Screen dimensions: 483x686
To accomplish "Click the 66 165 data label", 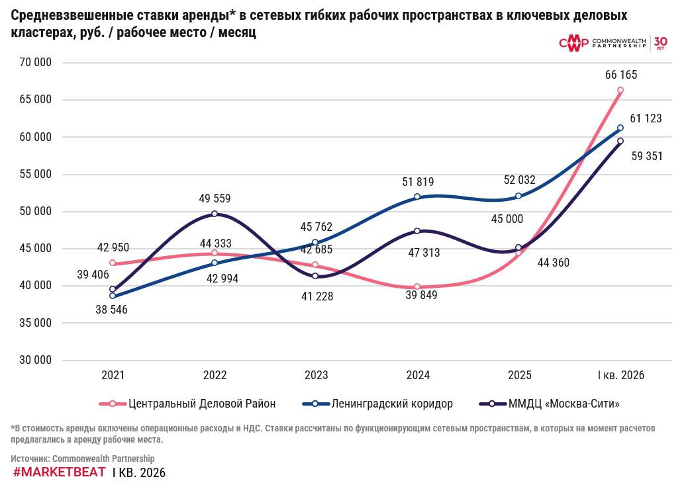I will tap(621, 75).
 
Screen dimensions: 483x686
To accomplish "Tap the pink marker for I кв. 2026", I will tap(620, 90).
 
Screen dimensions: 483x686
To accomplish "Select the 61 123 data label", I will tap(646, 118).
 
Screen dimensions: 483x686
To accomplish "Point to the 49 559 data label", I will tap(215, 198).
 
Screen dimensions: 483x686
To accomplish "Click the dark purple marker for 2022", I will tap(215, 214).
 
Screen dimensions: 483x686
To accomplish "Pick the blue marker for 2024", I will tap(417, 197).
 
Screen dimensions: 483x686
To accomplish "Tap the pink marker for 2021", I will tap(113, 263).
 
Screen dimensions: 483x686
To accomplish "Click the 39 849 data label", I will tap(421, 295).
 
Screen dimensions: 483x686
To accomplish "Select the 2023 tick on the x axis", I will tap(317, 375).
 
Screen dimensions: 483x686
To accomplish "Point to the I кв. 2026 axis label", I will tap(620, 375).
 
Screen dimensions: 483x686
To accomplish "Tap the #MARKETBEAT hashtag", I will tap(60, 472).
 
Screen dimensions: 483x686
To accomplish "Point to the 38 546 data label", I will tap(112, 310).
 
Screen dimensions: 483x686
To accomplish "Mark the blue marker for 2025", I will tap(518, 196).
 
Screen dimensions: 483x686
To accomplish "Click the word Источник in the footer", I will tap(30, 459).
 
